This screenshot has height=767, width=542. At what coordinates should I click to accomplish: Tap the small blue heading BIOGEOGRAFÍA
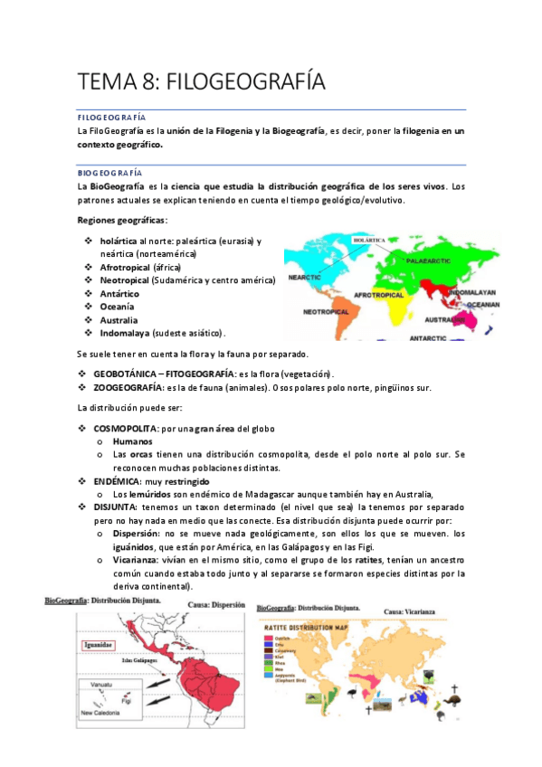[109, 171]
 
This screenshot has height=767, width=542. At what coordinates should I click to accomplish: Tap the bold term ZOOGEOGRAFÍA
[133, 388]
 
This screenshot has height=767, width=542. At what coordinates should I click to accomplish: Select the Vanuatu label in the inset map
[97, 685]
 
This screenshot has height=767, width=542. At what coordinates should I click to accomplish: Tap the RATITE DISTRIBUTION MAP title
[318, 626]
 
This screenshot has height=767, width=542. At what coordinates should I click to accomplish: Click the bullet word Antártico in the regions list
[119, 293]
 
